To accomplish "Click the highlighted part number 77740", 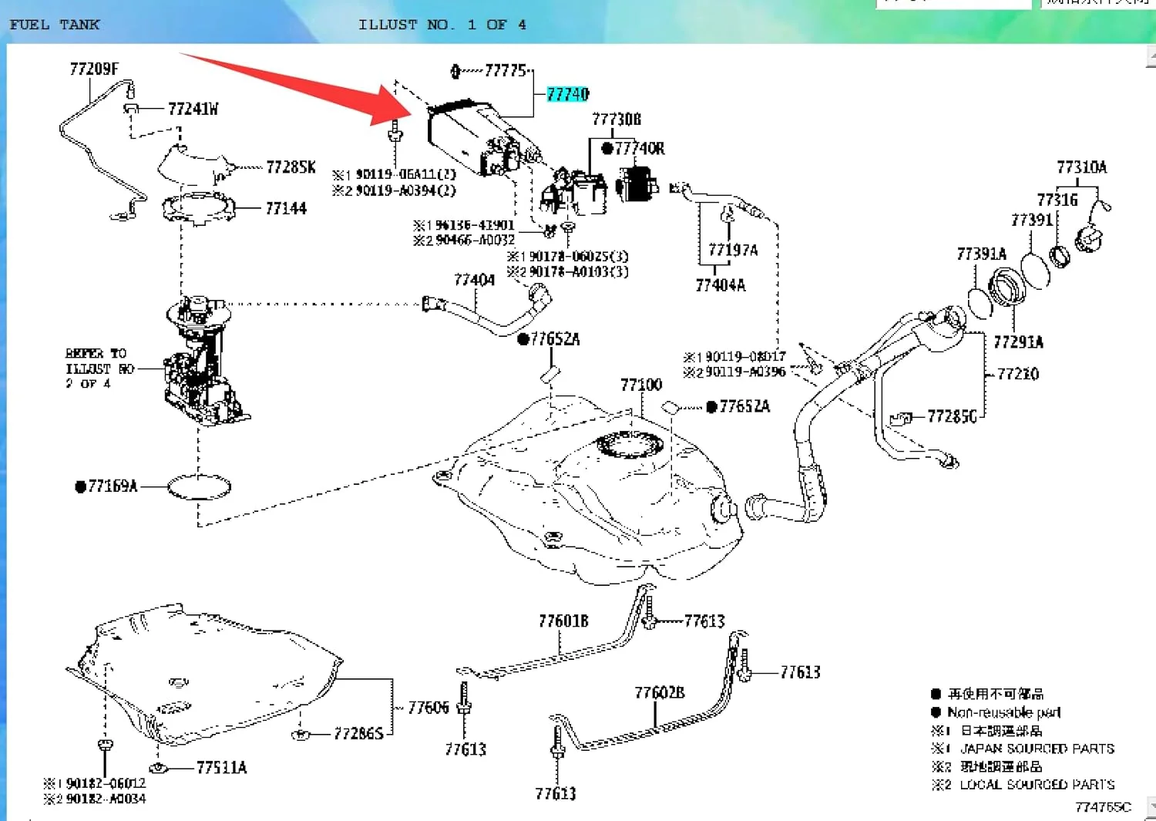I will [x=568, y=94].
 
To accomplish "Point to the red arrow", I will [x=308, y=85].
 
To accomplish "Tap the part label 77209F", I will [x=94, y=69].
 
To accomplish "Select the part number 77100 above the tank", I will [x=641, y=385].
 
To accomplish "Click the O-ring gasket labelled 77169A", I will [x=199, y=486].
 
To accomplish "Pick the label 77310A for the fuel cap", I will [x=1081, y=167].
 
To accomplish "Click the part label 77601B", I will [x=563, y=621].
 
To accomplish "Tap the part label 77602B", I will [x=660, y=693].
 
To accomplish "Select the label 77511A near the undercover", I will [x=221, y=768].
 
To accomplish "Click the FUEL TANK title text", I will [x=54, y=25].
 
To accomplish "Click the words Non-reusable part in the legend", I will [x=1003, y=712].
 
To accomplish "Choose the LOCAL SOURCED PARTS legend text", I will [x=1037, y=785].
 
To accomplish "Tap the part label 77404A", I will [x=721, y=286].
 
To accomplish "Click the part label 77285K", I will [x=291, y=167].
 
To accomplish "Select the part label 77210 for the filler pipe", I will [x=1018, y=375].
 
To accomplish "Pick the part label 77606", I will [x=428, y=708].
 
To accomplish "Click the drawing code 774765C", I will [x=1103, y=807].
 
